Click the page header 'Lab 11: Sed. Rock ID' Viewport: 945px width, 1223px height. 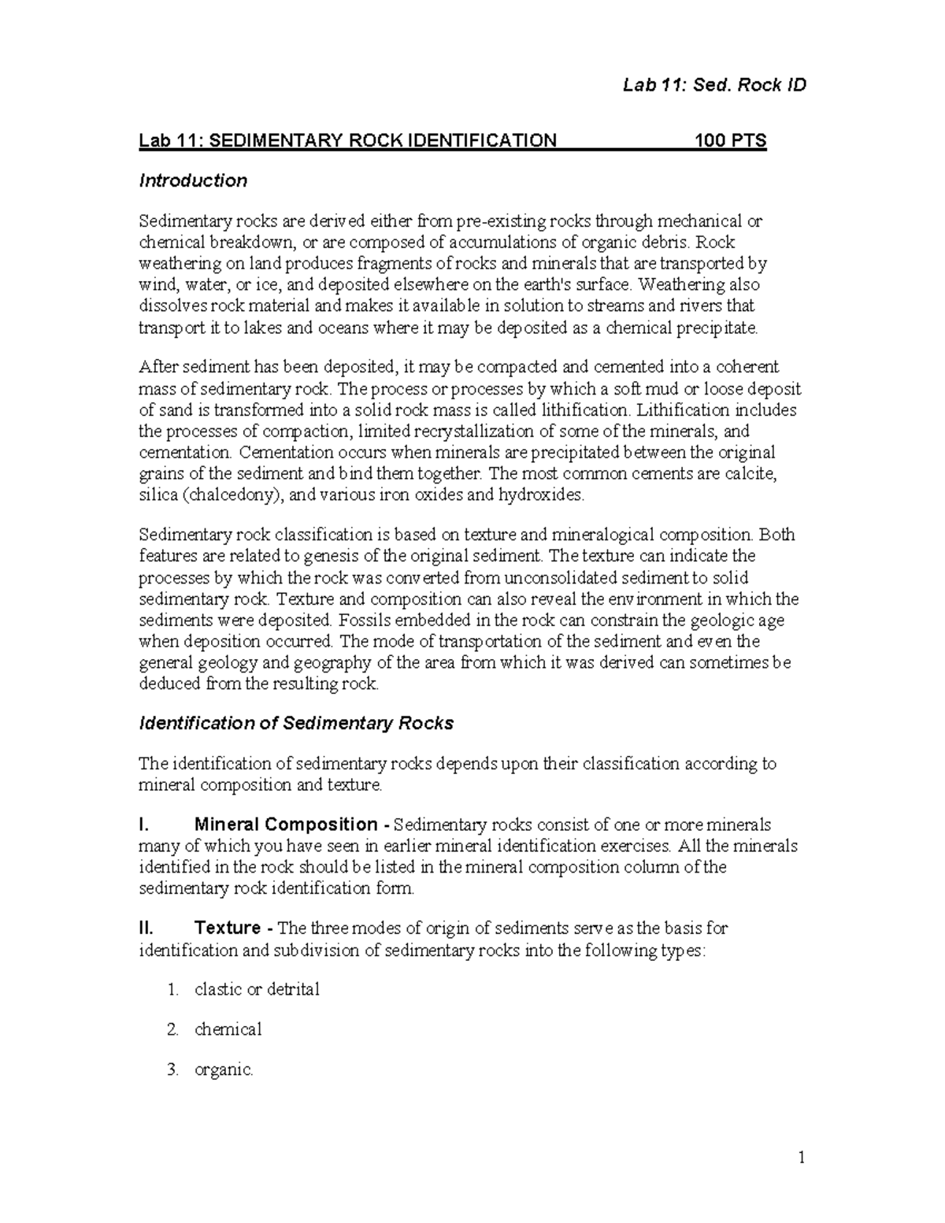pyautogui.click(x=713, y=85)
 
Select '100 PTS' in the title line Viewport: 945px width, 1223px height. pyautogui.click(x=730, y=142)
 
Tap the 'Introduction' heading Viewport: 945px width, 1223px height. pyautogui.click(x=193, y=181)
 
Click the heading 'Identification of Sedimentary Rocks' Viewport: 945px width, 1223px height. pyautogui.click(x=296, y=723)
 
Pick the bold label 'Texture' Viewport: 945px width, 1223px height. pyautogui.click(x=228, y=928)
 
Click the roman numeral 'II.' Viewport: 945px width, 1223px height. pyautogui.click(x=147, y=928)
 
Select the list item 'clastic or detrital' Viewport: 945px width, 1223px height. pyautogui.click(x=257, y=990)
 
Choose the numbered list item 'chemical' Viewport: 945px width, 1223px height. pyautogui.click(x=228, y=1029)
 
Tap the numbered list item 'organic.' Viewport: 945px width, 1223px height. pyautogui.click(x=224, y=1070)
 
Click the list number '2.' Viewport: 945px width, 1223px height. pyautogui.click(x=173, y=1029)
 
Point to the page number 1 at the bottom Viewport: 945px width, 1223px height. pyautogui.click(x=802, y=1158)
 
